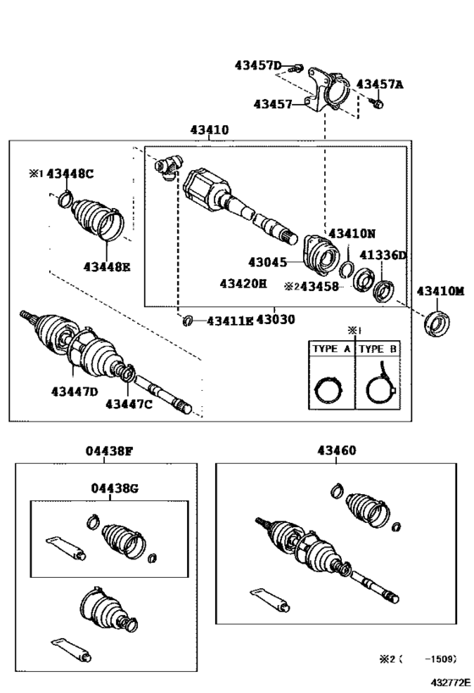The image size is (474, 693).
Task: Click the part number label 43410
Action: [209, 131]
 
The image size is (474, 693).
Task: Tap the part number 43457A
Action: [380, 85]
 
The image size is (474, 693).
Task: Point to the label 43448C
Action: [69, 173]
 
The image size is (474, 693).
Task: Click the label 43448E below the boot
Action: [107, 267]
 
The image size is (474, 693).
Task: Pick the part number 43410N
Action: [352, 233]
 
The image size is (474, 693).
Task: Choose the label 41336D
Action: [383, 255]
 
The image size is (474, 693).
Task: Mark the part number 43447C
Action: [129, 404]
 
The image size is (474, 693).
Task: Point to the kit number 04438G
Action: [115, 488]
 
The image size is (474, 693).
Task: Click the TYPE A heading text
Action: [331, 349]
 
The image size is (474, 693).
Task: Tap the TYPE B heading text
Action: [378, 349]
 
